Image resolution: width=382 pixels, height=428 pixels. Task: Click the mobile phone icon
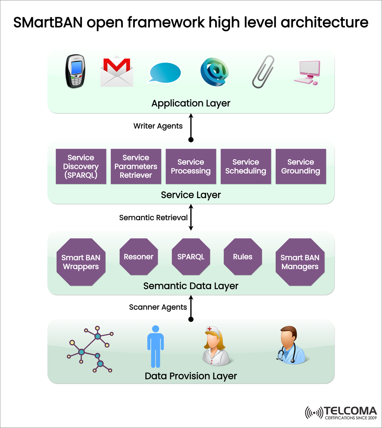(x=75, y=71)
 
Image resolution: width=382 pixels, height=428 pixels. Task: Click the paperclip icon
(x=263, y=72)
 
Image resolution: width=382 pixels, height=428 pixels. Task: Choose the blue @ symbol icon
(x=215, y=72)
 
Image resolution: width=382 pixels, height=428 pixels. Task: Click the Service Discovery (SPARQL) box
(x=81, y=167)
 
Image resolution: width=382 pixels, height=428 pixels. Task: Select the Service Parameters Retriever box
(x=136, y=167)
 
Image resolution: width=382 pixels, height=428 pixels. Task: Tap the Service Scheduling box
(x=246, y=167)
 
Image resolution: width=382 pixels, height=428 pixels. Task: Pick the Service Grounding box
(x=301, y=167)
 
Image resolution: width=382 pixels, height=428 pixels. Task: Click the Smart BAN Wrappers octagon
(x=81, y=262)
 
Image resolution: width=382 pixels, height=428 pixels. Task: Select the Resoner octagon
(x=138, y=257)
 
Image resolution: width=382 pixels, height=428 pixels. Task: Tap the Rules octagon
(x=243, y=257)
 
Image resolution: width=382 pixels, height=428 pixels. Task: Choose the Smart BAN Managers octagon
(x=300, y=262)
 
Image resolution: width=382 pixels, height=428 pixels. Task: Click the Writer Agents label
(x=158, y=126)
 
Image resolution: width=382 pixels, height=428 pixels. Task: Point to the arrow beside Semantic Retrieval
(x=191, y=218)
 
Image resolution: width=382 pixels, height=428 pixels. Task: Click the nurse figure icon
(x=216, y=346)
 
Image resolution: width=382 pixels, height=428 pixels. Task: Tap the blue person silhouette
(x=155, y=346)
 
